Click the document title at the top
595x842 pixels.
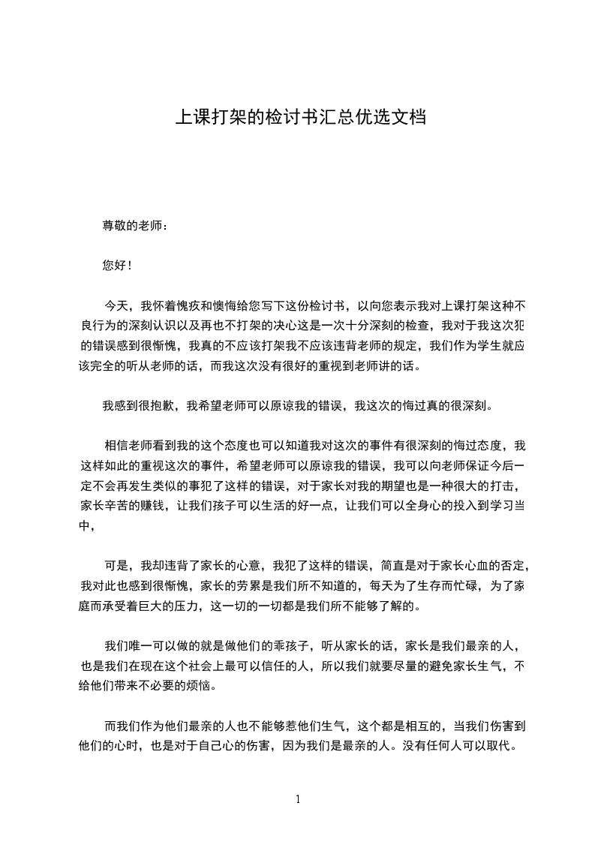coord(301,117)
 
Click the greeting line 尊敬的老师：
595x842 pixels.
coord(134,225)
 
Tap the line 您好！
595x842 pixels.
coord(119,265)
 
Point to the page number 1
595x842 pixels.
coord(298,798)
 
